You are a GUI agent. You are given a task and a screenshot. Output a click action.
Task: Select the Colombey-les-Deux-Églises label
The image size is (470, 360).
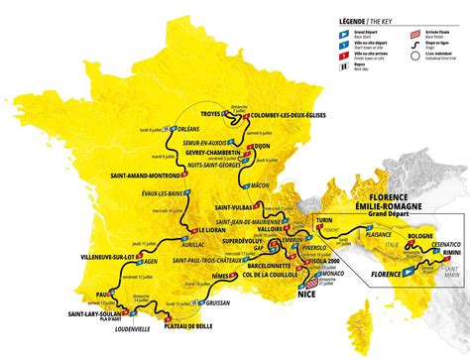(x=280, y=113)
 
